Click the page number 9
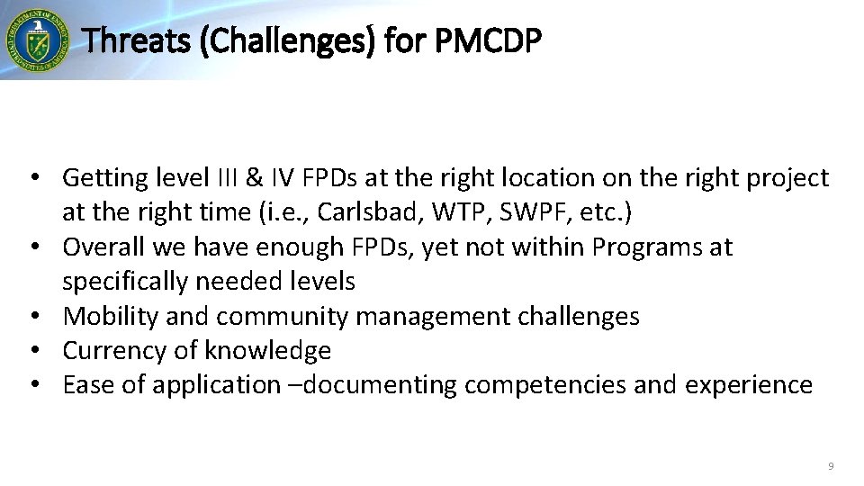point(830,466)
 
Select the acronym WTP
point(413,212)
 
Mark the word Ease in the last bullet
point(86,384)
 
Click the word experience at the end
point(749,384)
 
